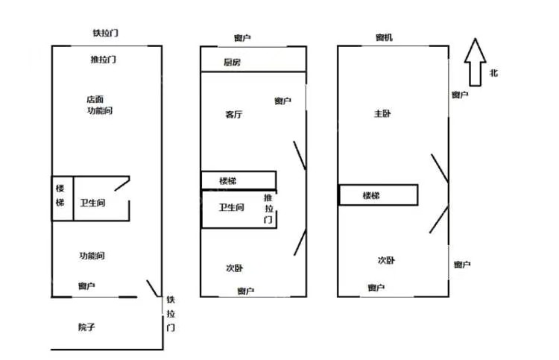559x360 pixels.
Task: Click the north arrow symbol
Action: (x=476, y=62)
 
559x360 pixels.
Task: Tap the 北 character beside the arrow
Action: (x=493, y=73)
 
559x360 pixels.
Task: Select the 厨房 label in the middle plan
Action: (x=232, y=63)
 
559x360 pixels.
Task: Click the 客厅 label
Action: (x=233, y=115)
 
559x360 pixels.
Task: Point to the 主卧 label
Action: (x=382, y=114)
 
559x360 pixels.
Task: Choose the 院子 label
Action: (x=86, y=326)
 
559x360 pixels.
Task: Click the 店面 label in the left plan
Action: (x=94, y=98)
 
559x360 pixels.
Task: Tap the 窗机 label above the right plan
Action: (x=385, y=38)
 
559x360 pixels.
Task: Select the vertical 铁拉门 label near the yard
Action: (x=171, y=313)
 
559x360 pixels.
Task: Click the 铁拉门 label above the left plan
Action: (x=105, y=34)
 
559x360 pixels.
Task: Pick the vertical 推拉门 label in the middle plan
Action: (x=268, y=209)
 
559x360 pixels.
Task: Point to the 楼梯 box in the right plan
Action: (x=377, y=195)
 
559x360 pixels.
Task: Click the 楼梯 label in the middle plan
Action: (x=228, y=180)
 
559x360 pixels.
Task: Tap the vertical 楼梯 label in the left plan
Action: (x=61, y=198)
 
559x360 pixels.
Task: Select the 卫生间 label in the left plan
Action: (x=92, y=203)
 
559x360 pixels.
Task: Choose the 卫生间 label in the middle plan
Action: (x=231, y=208)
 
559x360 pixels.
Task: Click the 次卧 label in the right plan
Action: (x=386, y=260)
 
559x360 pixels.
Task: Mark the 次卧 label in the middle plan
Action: (x=234, y=268)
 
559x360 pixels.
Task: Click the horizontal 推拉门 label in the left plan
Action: (x=103, y=60)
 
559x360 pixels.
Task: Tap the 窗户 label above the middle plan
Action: (x=241, y=38)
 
